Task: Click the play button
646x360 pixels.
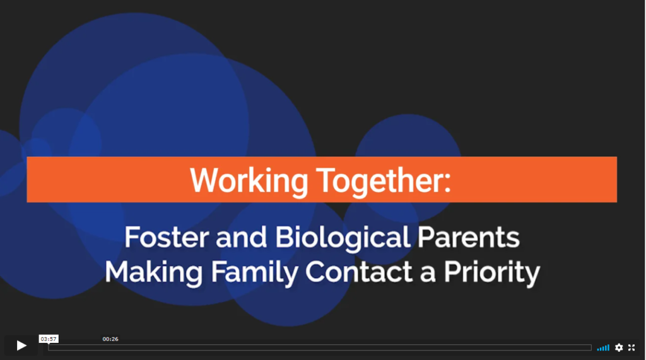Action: click(21, 345)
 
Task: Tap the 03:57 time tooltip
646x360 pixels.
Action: click(49, 339)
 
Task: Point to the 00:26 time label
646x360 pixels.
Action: click(110, 339)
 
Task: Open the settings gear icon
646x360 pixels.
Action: click(619, 347)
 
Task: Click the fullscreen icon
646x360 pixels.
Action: click(631, 347)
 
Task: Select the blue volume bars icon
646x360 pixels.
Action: click(603, 348)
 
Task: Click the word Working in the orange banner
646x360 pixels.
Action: click(249, 181)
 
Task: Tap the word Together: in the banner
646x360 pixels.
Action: click(384, 181)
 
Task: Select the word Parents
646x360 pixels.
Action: click(469, 237)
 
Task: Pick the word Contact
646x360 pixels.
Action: click(359, 272)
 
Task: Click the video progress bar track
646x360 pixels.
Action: click(320, 347)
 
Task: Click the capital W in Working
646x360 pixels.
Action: click(204, 180)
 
